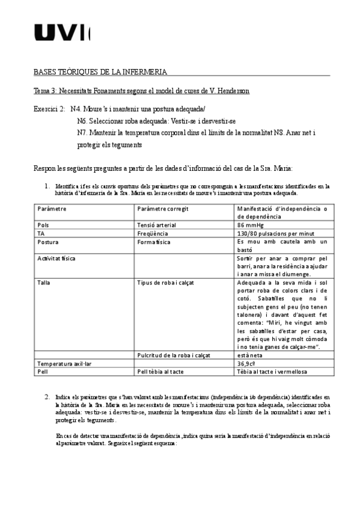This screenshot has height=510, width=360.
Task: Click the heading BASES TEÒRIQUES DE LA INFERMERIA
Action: tap(100, 72)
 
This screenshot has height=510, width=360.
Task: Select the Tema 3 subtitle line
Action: tap(141, 90)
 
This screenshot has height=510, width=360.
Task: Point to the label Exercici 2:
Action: tap(49, 109)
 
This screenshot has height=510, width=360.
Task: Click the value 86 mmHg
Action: tap(250, 224)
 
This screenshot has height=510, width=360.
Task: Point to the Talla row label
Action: tap(44, 282)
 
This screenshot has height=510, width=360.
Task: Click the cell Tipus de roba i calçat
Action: tap(167, 282)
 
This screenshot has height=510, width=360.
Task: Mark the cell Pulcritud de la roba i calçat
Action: tap(174, 355)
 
